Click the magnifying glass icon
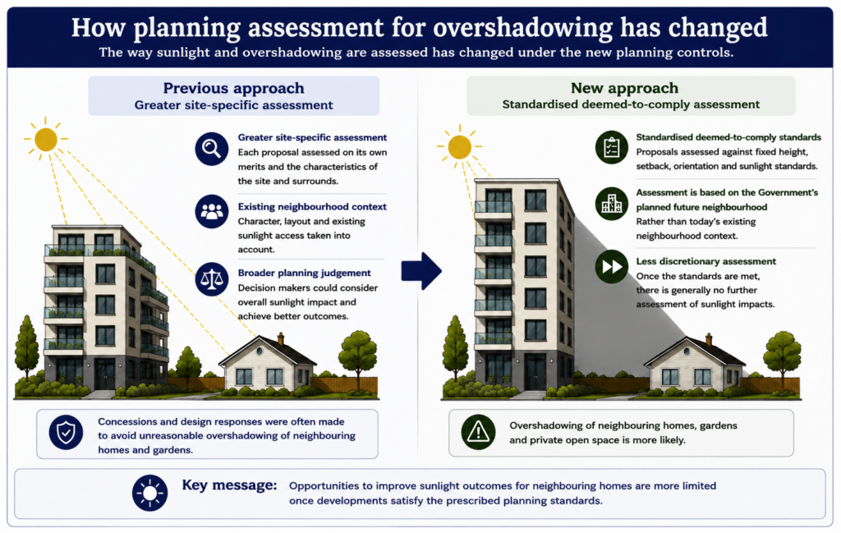coord(211,149)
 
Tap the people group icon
coord(211,211)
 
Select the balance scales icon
coord(211,279)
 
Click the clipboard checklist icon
coord(611,148)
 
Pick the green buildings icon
coord(611,204)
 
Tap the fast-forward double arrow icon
coord(611,266)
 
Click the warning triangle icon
coord(478,432)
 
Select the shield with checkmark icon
coord(66,432)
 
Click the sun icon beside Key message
coord(149,493)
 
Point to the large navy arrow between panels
coord(421,271)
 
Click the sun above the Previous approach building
coord(46,140)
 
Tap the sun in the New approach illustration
coord(460,147)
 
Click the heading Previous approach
coord(234,88)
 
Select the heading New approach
coord(624,88)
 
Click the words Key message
coord(230,485)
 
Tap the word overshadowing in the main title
coord(523,28)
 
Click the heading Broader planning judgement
coord(304,273)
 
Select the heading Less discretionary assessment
coord(705,261)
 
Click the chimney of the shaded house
coord(709,339)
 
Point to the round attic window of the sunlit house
coord(260,351)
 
